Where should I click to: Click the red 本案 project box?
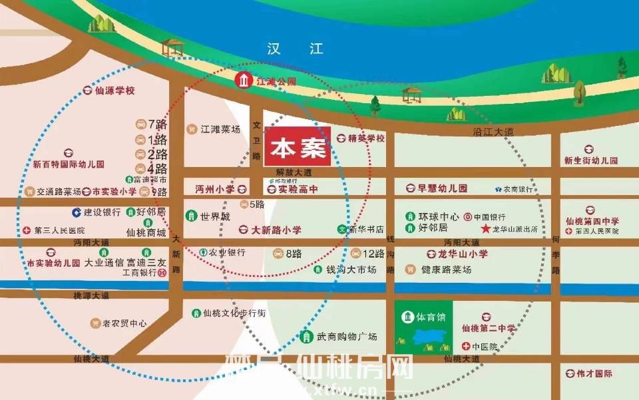(297, 146)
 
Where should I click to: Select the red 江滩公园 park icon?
(244, 82)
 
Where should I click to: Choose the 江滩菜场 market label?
(220, 129)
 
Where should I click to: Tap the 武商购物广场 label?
(347, 337)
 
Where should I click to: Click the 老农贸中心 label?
(124, 323)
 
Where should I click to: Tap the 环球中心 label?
(439, 217)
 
